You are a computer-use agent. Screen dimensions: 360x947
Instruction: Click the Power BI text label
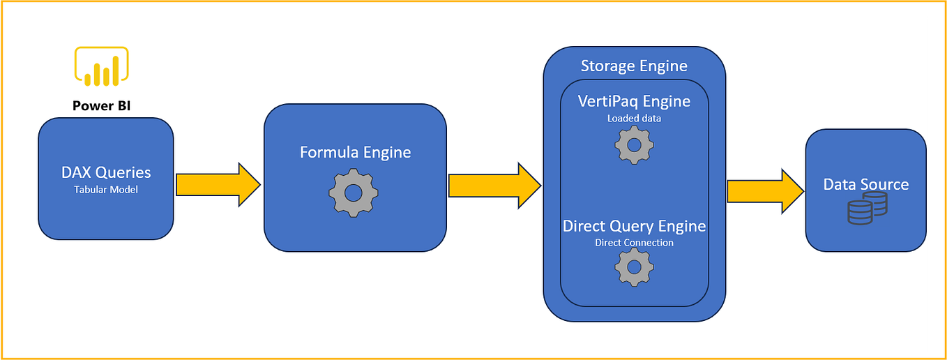(x=102, y=105)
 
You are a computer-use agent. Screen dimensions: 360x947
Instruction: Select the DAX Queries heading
(x=106, y=172)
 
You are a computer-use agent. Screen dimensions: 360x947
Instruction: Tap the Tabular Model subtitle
(x=106, y=189)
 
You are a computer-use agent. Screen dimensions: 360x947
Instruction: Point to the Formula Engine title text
(x=355, y=152)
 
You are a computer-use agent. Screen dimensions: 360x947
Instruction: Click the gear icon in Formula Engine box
(x=354, y=192)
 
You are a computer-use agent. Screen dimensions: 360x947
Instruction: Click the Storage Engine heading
(x=634, y=66)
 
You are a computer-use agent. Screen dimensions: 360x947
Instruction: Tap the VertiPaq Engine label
(x=634, y=101)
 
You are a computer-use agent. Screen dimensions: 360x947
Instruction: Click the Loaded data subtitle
(x=634, y=119)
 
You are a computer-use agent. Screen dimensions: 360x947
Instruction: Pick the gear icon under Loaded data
(x=634, y=145)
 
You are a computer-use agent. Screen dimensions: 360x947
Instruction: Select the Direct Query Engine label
(x=634, y=226)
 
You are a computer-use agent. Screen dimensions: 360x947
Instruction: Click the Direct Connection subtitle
(x=634, y=243)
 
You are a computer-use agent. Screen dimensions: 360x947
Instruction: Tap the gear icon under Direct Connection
(x=634, y=267)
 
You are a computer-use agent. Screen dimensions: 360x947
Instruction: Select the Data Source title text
(x=866, y=184)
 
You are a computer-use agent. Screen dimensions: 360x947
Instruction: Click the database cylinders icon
(x=868, y=209)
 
